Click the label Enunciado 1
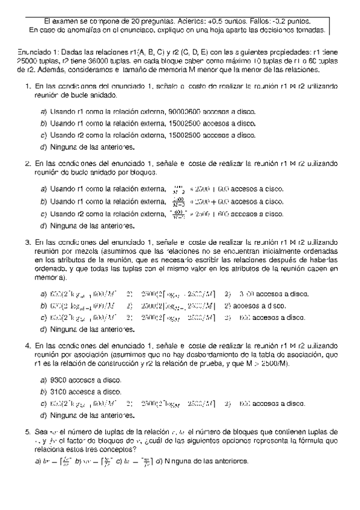click(31, 52)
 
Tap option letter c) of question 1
click(43, 135)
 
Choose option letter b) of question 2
click(43, 201)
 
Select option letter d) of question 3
click(43, 329)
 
